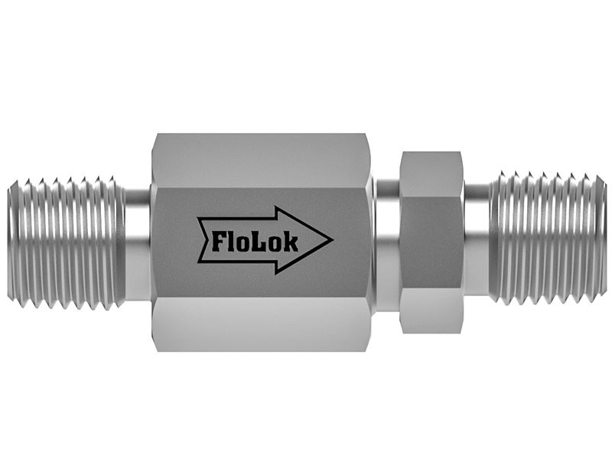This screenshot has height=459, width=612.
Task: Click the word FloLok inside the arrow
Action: [x=255, y=243]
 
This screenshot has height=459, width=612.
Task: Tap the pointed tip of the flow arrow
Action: [x=333, y=239]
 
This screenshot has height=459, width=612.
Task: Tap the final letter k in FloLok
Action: [x=291, y=242]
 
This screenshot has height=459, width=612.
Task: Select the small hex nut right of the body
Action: [x=431, y=242]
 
